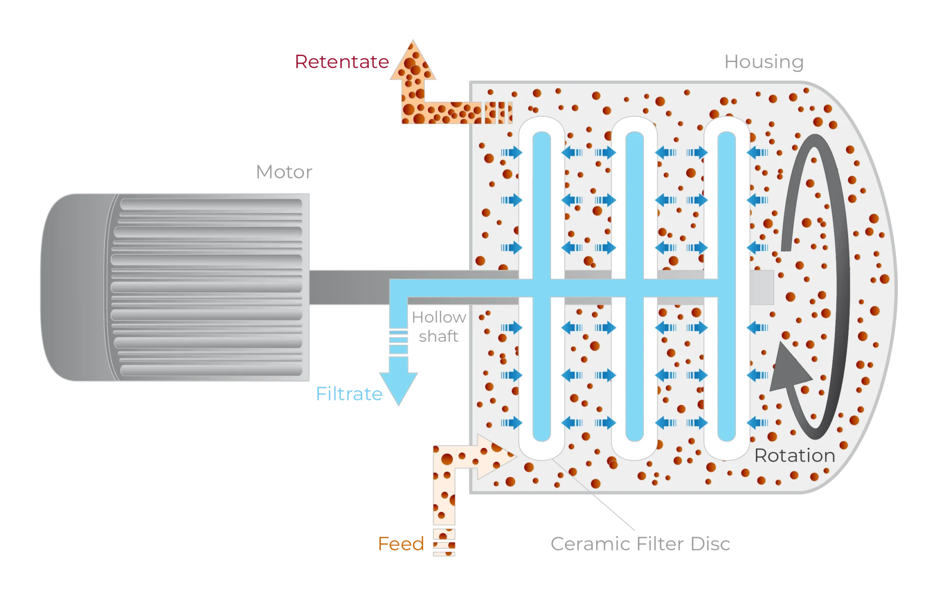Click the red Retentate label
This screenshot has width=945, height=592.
pyautogui.click(x=342, y=62)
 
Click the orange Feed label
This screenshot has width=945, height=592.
pyautogui.click(x=401, y=544)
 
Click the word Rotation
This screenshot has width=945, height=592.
pyautogui.click(x=795, y=456)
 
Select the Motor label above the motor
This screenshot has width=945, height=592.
pyautogui.click(x=284, y=172)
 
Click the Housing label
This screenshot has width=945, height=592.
pyautogui.click(x=764, y=62)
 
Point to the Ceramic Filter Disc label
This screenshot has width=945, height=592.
pyautogui.click(x=640, y=545)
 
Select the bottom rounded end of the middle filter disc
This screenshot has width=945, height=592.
pyautogui.click(x=634, y=450)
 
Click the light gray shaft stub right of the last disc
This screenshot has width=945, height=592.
pyautogui.click(x=761, y=287)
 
